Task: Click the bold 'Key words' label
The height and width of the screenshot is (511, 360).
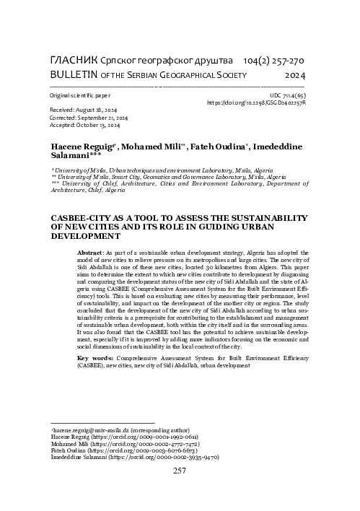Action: click(93, 358)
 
